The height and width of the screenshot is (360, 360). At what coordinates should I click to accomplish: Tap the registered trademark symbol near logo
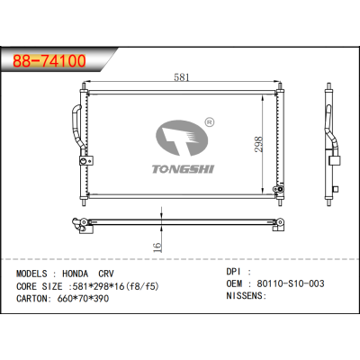click(x=209, y=121)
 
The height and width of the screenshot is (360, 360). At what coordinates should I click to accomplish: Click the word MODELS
click(x=33, y=271)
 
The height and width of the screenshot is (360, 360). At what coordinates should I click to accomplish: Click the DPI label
click(x=232, y=270)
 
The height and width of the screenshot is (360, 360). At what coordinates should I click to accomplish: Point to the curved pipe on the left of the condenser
click(x=71, y=126)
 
